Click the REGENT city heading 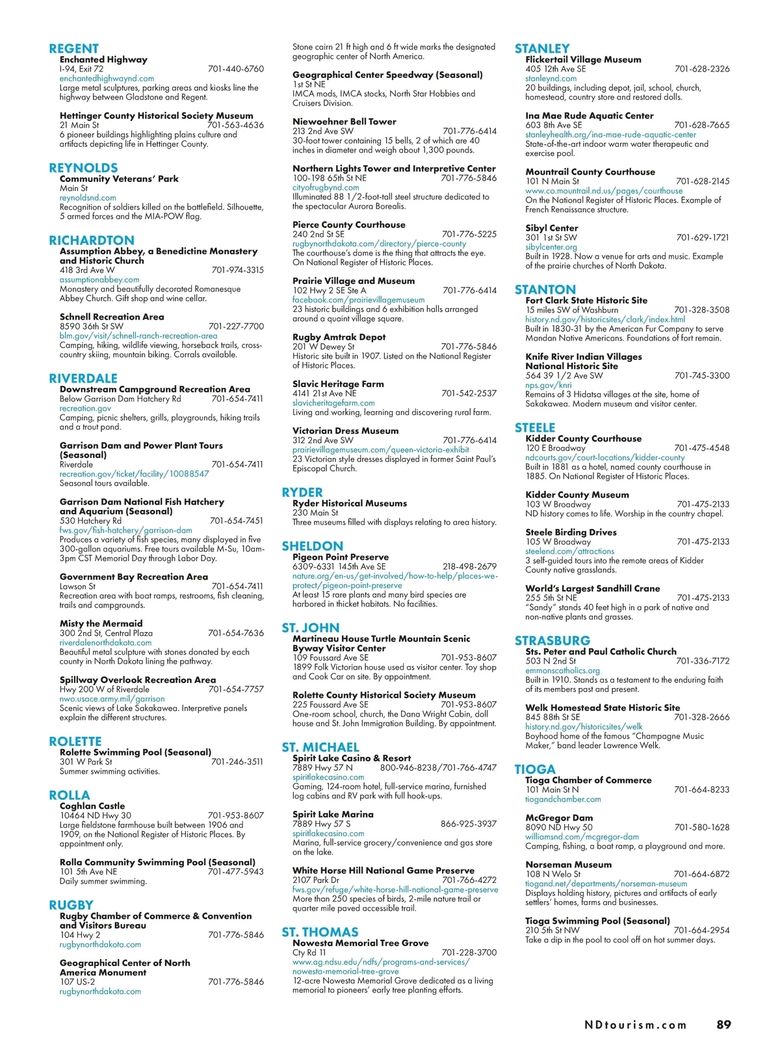click(73, 49)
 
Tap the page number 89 click(723, 1025)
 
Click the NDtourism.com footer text click(635, 1025)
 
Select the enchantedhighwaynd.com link click(107, 79)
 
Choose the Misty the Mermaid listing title click(101, 624)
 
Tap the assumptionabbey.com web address click(99, 280)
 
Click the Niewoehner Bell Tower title click(344, 121)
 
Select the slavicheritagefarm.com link click(333, 403)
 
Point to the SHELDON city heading click(312, 546)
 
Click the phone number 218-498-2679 click(469, 567)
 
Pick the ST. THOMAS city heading click(320, 932)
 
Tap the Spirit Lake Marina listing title click(333, 815)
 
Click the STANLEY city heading click(541, 49)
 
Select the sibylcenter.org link click(551, 248)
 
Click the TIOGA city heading click(535, 770)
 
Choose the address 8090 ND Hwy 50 click(558, 828)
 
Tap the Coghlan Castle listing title click(92, 806)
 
